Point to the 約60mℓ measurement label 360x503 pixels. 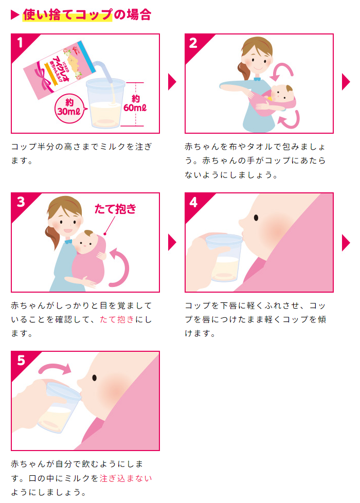coord(135,103)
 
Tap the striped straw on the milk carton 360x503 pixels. coord(103,70)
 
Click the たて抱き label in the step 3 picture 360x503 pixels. coord(115,209)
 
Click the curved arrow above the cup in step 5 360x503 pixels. coord(55,368)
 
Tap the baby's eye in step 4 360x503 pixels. coord(256,218)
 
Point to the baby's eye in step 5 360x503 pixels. coord(94,378)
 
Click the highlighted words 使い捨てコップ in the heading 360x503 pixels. coord(67,15)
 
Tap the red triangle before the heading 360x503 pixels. coord(15,15)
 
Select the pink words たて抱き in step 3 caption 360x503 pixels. coord(117,319)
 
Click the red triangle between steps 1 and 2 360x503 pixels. coord(172,82)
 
